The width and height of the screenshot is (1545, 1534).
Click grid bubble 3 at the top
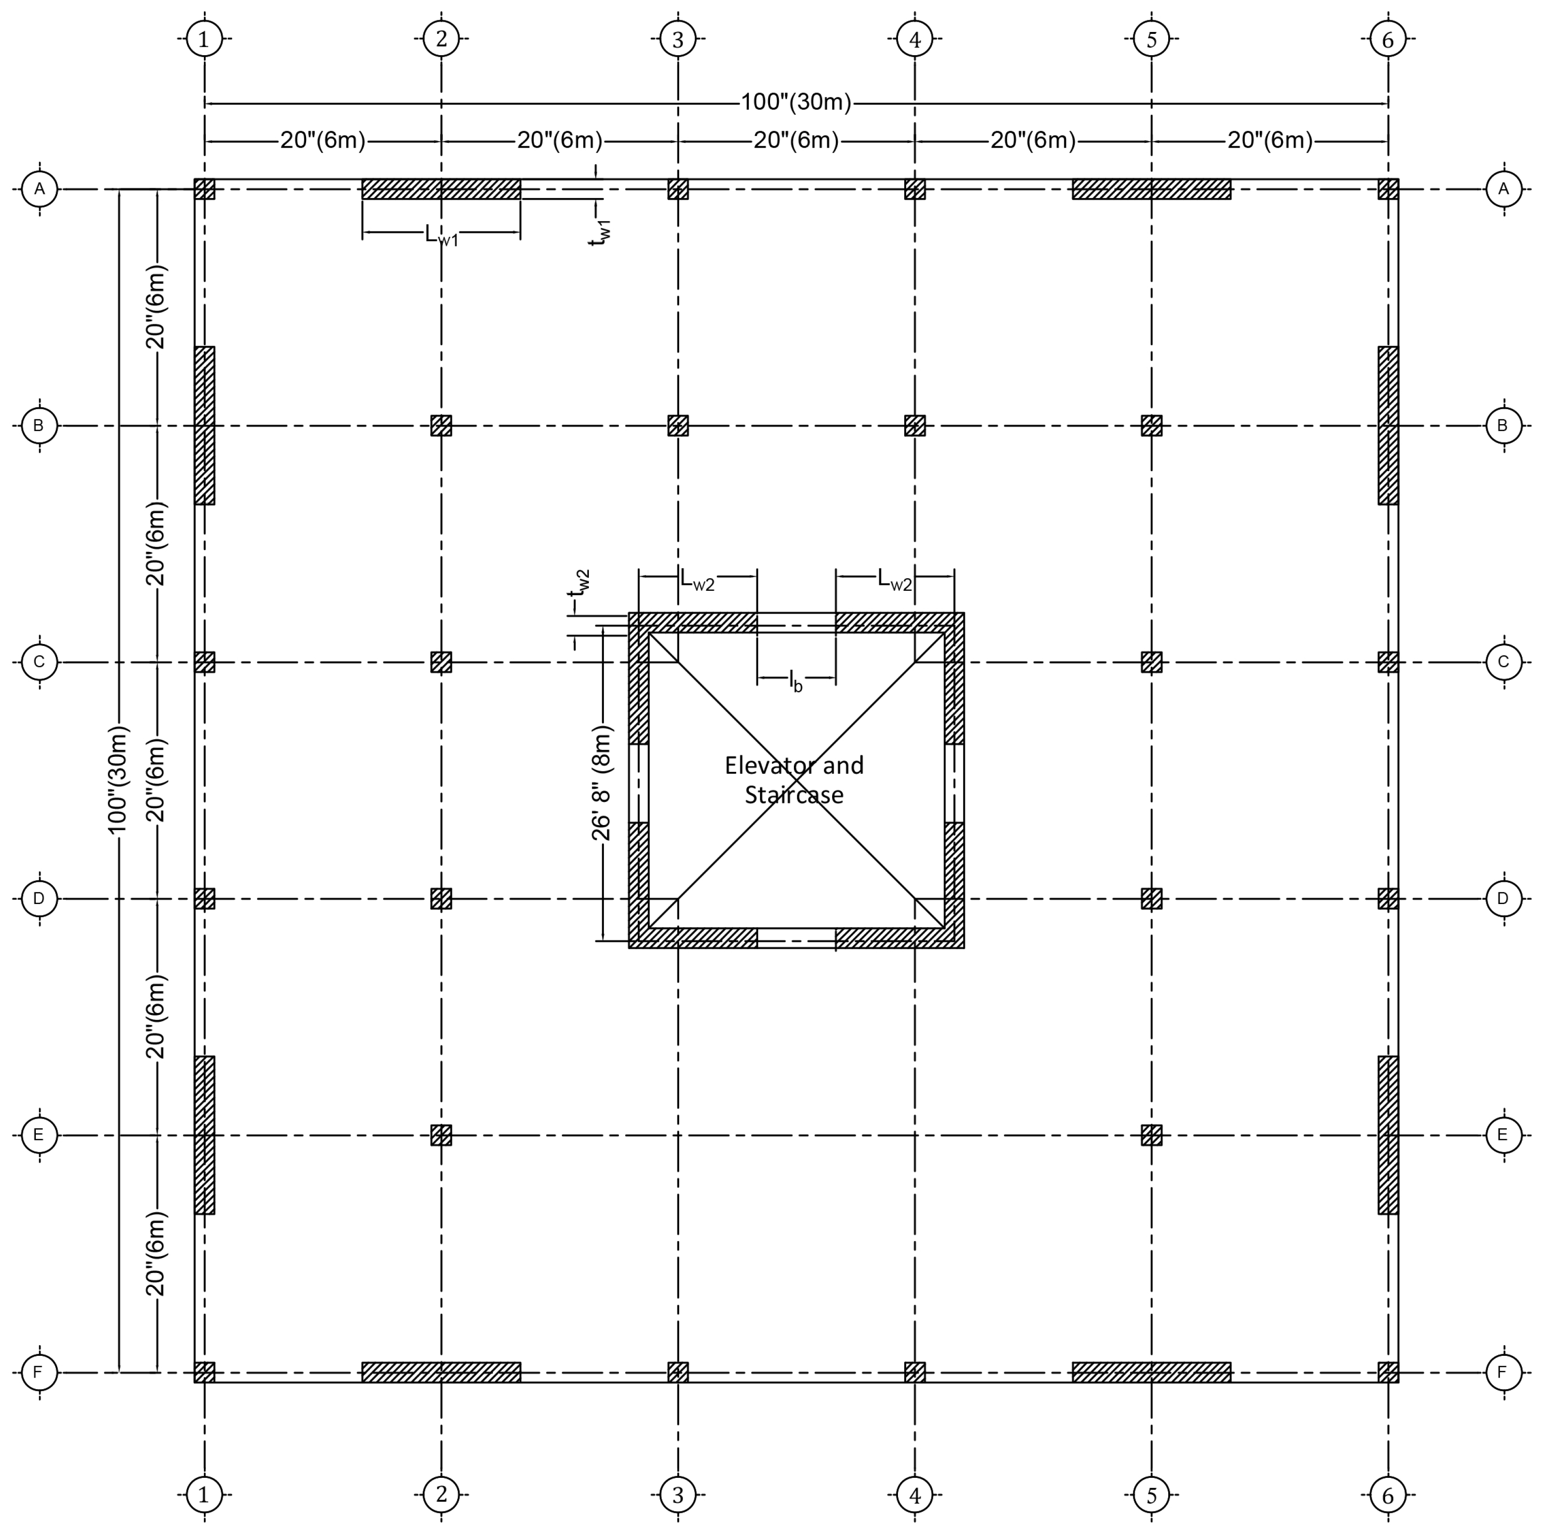coord(678,38)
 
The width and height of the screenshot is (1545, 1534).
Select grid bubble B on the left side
coord(38,425)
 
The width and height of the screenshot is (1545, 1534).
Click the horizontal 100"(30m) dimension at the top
coord(796,102)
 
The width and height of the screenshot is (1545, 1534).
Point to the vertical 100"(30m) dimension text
coord(118,780)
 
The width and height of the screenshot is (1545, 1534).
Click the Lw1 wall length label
coord(441,234)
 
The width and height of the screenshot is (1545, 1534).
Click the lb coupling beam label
coord(796,680)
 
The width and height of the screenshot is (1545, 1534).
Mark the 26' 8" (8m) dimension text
coord(602,783)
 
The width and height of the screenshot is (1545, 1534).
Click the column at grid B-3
coord(678,425)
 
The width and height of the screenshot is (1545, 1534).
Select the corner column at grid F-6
coord(1388,1372)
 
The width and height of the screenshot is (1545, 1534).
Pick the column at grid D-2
coord(441,899)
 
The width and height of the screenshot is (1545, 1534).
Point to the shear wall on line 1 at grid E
coord(205,1135)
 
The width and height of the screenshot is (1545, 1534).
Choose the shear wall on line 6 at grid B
coord(1388,425)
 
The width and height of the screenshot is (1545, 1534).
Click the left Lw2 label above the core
coord(697,580)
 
